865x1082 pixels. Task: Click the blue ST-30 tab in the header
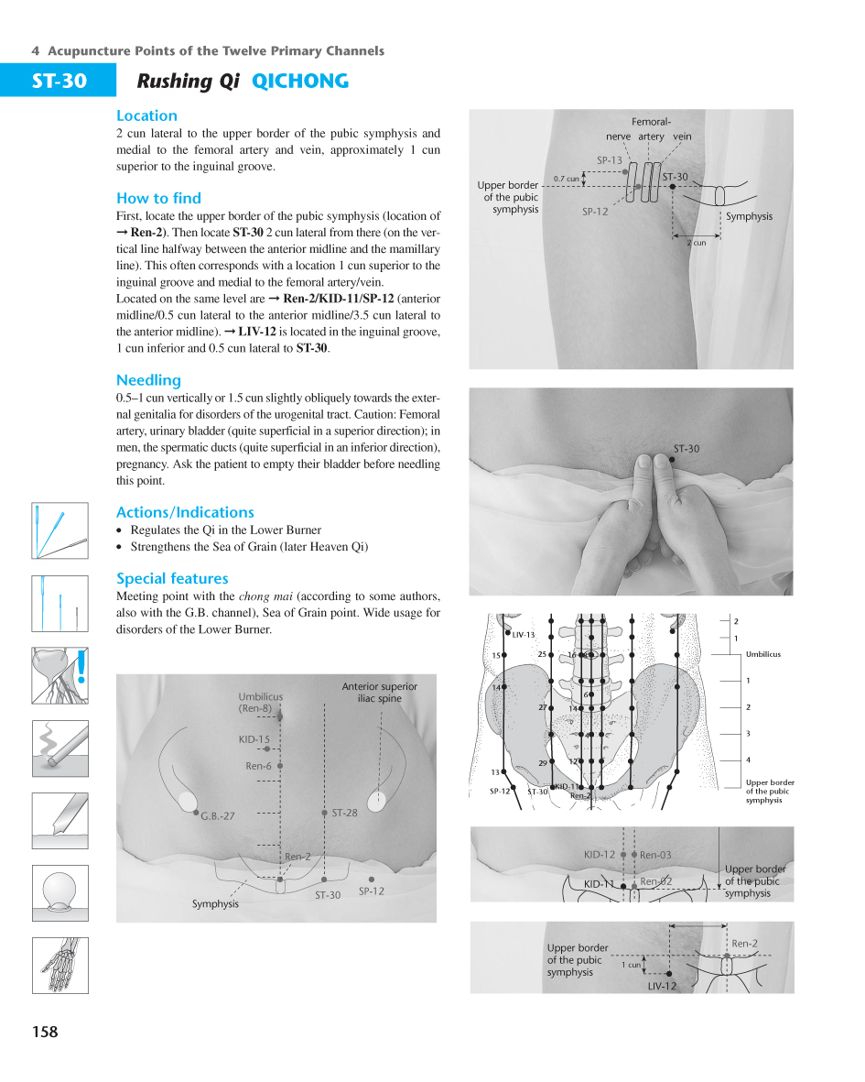[x=59, y=82]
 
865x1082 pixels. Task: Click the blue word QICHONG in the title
[x=299, y=82]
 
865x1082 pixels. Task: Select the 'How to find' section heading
[x=158, y=198]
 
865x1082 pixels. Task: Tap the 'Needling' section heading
[x=148, y=380]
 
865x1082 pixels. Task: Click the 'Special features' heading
[x=172, y=578]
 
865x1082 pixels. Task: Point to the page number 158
[x=44, y=1032]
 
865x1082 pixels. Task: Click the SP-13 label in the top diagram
[x=609, y=160]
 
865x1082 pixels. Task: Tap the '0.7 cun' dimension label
[x=566, y=179]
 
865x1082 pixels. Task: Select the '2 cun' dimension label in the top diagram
[x=696, y=243]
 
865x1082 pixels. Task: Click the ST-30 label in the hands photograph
[x=686, y=449]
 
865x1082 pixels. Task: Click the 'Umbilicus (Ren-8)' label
[x=260, y=702]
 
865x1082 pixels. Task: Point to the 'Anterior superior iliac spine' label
[x=379, y=692]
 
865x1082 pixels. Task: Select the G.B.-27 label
[x=218, y=816]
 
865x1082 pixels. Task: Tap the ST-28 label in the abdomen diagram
[x=344, y=813]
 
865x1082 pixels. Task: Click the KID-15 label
[x=254, y=739]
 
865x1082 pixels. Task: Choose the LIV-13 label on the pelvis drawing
[x=523, y=635]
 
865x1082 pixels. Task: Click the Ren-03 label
[x=655, y=855]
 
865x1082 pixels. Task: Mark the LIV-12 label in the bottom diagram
[x=662, y=986]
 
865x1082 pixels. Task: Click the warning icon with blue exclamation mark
[x=60, y=675]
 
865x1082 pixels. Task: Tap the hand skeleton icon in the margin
[x=60, y=965]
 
